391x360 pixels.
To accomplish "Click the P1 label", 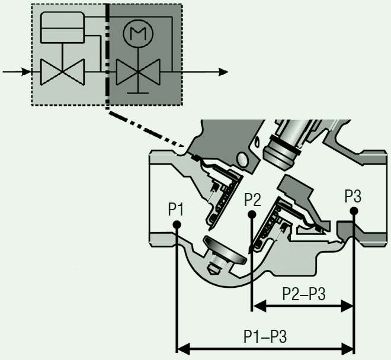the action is click(175, 209).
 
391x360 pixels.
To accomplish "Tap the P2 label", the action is click(252, 200).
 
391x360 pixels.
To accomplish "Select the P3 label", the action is click(353, 196).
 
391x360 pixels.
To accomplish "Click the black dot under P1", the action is click(177, 224).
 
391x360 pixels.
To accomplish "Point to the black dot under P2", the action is click(252, 214).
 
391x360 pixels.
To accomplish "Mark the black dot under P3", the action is click(354, 211).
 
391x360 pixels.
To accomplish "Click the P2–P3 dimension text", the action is click(304, 294).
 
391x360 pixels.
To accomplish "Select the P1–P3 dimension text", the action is click(265, 336).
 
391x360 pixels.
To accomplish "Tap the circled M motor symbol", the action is click(138, 33).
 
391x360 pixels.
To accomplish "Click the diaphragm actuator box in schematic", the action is click(62, 27).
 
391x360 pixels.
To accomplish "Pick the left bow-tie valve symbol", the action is click(62, 72).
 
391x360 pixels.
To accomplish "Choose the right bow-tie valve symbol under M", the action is click(138, 72).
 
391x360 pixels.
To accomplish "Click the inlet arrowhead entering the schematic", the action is click(26, 72).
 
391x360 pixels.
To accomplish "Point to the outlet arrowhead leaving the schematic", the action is click(223, 72).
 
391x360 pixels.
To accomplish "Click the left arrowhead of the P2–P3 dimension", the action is click(260, 306).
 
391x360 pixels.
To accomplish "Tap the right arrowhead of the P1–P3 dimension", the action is click(347, 349).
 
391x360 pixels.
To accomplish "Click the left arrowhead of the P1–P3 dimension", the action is click(184, 349).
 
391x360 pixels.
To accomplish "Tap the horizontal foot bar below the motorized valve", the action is click(138, 93).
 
